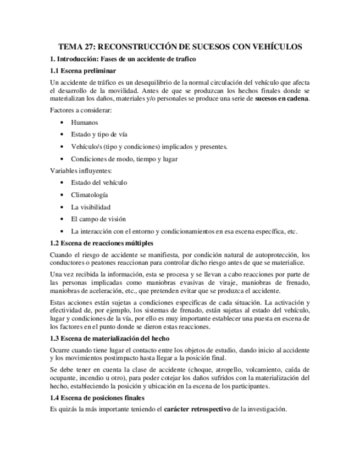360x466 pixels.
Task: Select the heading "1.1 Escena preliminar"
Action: click(82, 71)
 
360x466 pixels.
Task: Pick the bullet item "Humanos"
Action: click(84, 123)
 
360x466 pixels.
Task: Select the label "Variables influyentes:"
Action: click(80, 170)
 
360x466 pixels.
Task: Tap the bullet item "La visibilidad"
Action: click(91, 207)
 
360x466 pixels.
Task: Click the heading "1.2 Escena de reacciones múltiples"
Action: click(101, 243)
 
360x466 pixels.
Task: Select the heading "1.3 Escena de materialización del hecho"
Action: click(109, 339)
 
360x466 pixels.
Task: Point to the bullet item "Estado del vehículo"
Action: click(99, 182)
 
